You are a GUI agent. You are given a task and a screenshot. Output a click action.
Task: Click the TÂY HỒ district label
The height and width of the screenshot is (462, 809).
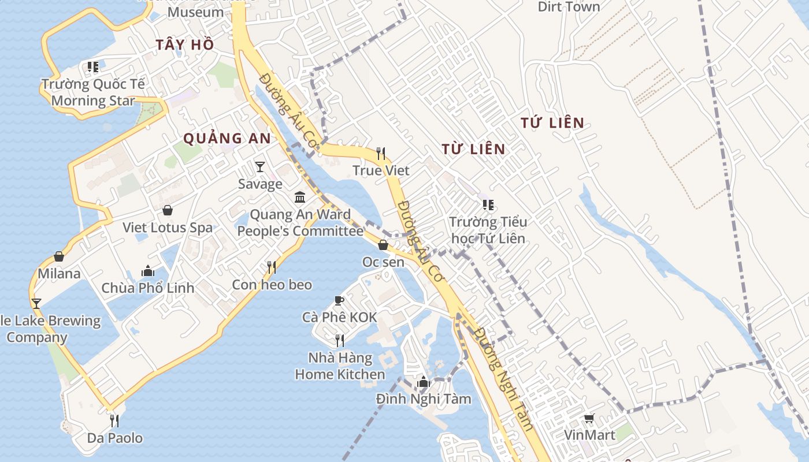185,44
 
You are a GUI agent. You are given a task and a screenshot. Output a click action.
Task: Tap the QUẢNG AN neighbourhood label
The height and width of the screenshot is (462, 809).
227,138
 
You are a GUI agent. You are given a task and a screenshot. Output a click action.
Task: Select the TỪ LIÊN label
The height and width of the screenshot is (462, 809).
473,149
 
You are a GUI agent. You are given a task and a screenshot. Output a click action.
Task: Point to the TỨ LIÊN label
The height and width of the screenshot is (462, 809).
552,122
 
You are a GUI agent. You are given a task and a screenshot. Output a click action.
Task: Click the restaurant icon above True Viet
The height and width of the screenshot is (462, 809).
381,153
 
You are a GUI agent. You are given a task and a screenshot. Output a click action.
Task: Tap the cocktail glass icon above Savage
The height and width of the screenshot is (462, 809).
260,167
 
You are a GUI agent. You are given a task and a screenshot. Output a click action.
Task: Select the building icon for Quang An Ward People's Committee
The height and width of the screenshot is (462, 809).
300,198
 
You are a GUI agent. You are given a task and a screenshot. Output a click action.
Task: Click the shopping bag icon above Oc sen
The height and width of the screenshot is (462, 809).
383,245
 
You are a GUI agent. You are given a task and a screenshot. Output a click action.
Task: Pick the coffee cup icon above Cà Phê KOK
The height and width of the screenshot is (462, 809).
339,300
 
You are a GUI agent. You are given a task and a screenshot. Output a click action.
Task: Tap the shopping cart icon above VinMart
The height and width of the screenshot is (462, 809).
589,418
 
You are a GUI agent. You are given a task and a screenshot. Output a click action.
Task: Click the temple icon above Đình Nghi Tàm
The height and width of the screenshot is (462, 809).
424,382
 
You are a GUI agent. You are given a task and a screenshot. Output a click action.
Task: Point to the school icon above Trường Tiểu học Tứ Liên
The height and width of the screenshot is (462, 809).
488,204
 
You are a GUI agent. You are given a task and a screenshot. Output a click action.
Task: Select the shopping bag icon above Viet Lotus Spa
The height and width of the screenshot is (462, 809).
168,210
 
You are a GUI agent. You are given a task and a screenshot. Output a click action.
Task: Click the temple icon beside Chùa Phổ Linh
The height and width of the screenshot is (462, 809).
148,271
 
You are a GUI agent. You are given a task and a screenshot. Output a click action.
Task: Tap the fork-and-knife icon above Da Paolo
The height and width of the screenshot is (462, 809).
114,420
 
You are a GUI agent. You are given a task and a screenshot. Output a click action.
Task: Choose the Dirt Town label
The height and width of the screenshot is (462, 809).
569,7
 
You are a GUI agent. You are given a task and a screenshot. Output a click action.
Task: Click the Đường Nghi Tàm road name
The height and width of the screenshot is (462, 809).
502,379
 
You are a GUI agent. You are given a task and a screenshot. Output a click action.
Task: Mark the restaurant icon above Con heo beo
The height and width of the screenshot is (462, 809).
272,267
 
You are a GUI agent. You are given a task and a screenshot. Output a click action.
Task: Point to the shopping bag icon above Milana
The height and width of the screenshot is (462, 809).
58,256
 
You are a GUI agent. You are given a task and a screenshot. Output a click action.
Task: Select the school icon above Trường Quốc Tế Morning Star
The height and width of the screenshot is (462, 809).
93,67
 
